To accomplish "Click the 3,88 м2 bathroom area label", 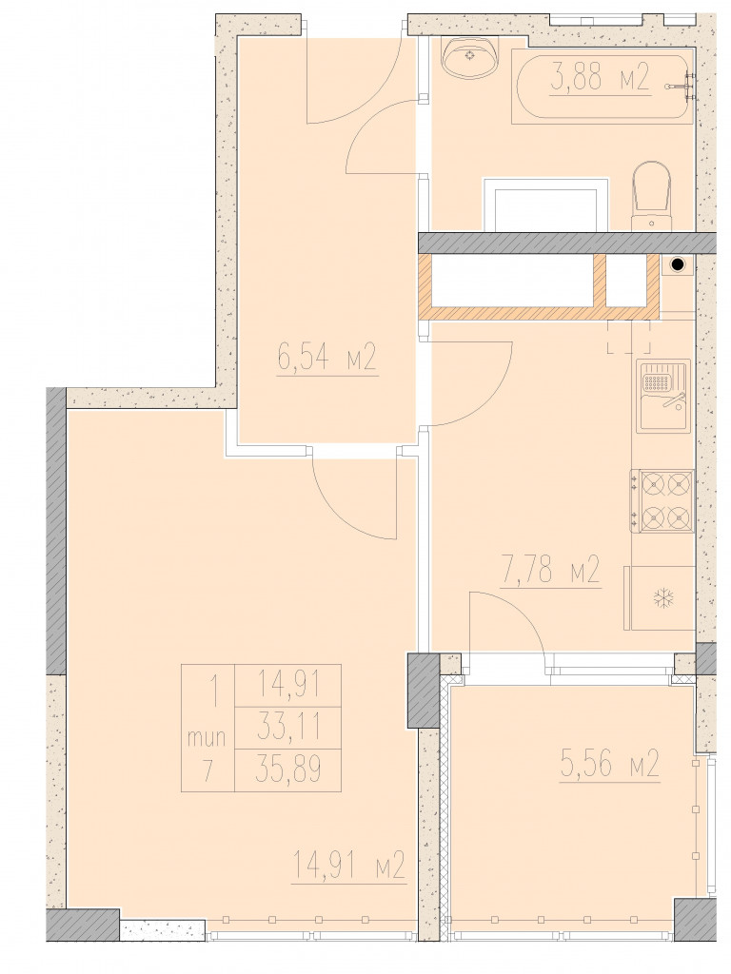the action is point(600,80).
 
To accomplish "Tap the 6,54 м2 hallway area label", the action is point(327,359).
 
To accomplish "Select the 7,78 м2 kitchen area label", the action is point(550,571).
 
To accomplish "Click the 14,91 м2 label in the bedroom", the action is point(348,865).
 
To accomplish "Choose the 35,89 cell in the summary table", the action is point(288,770).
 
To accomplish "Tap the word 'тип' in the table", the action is point(207,740).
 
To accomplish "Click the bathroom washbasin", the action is point(470,56).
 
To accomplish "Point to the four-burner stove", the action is point(662,500).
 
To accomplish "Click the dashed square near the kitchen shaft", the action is point(629,336).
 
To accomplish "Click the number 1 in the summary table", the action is point(214,692).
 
